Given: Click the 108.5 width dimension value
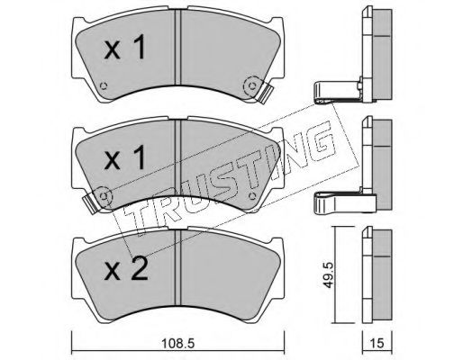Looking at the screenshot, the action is pos(178,343).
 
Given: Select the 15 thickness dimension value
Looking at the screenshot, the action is pos(377,343).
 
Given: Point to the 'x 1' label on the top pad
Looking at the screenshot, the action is pos(125,47).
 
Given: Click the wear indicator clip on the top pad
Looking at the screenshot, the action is pos(265,93).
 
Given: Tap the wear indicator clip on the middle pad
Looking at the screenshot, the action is pos(90,203).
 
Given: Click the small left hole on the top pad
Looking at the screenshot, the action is pos(104,85).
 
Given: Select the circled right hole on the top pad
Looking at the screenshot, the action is pos(251,85).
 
